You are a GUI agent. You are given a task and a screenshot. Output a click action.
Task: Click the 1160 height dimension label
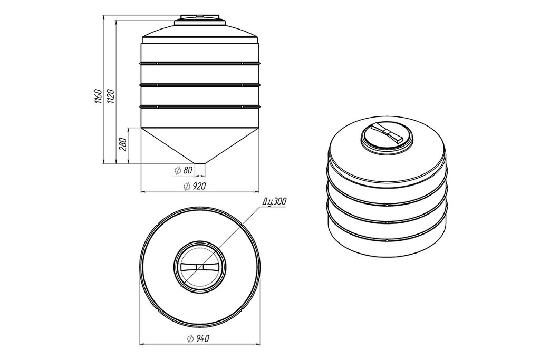point(98,96)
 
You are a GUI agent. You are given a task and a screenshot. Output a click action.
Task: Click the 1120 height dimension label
point(111,96)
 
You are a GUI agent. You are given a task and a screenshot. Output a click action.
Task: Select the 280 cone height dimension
point(123,144)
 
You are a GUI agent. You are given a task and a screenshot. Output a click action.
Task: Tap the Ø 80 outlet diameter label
point(184,170)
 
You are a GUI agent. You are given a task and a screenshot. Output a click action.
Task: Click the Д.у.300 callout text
point(274,202)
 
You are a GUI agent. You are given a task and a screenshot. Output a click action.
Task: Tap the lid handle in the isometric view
point(389,133)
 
